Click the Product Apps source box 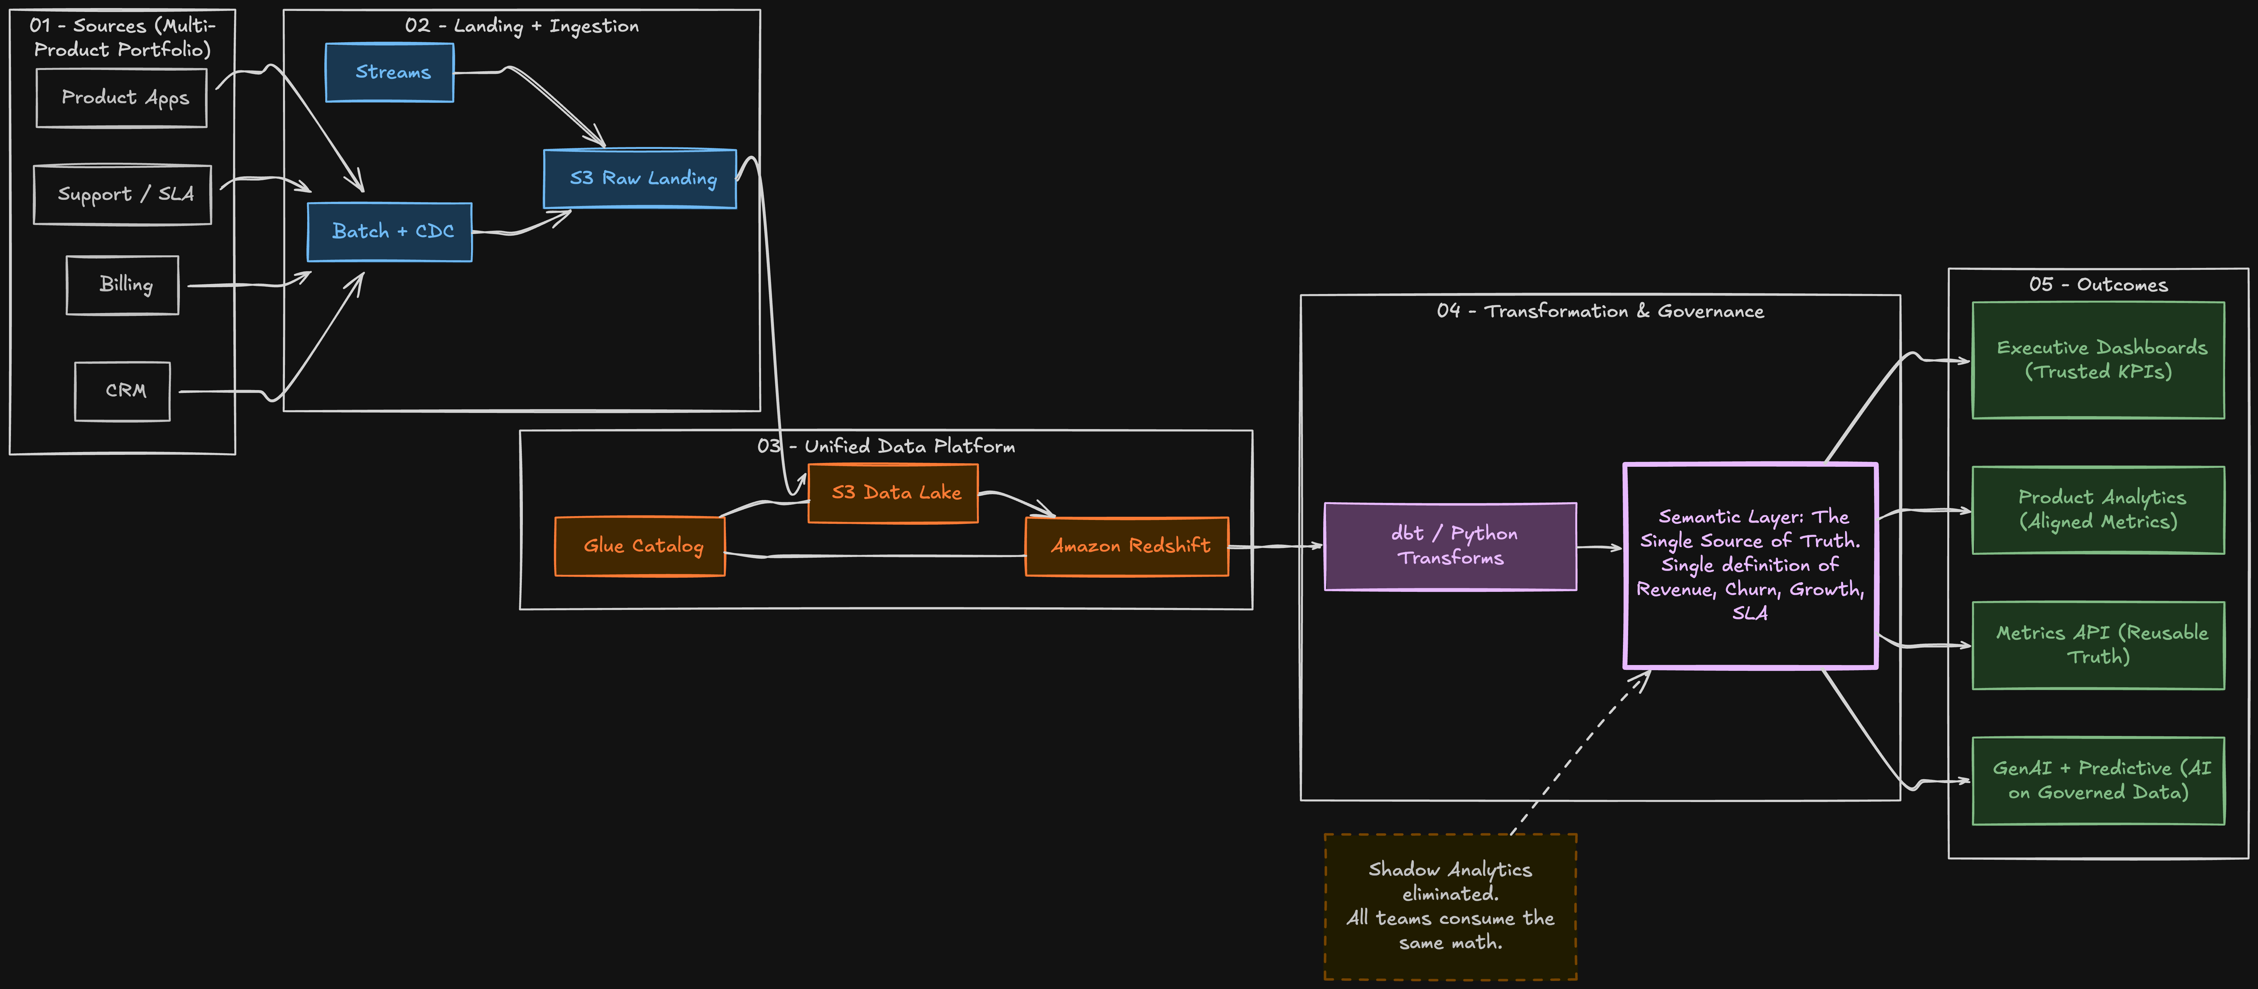(122, 98)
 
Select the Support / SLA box (123, 195)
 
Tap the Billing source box (123, 285)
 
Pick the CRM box (123, 391)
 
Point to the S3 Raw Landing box (640, 179)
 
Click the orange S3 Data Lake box (893, 493)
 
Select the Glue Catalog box (640, 546)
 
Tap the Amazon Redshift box (1127, 546)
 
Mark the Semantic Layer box (1751, 565)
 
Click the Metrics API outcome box (2098, 645)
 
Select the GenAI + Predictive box (2098, 780)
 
